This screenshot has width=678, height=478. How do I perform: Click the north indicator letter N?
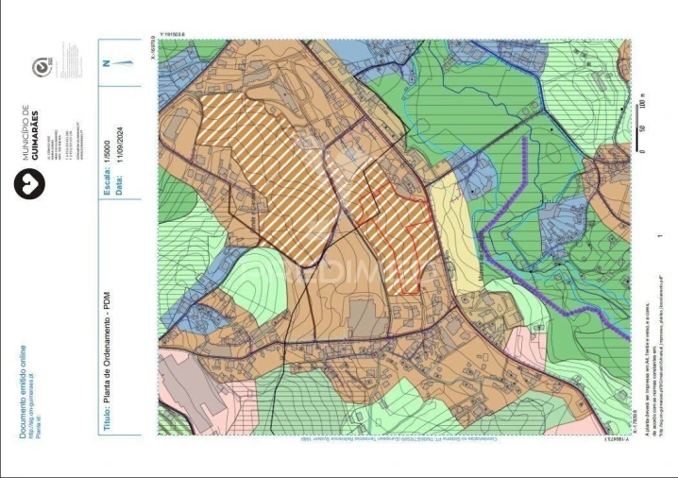[106, 63]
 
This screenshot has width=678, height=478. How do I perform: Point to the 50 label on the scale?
[642, 128]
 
